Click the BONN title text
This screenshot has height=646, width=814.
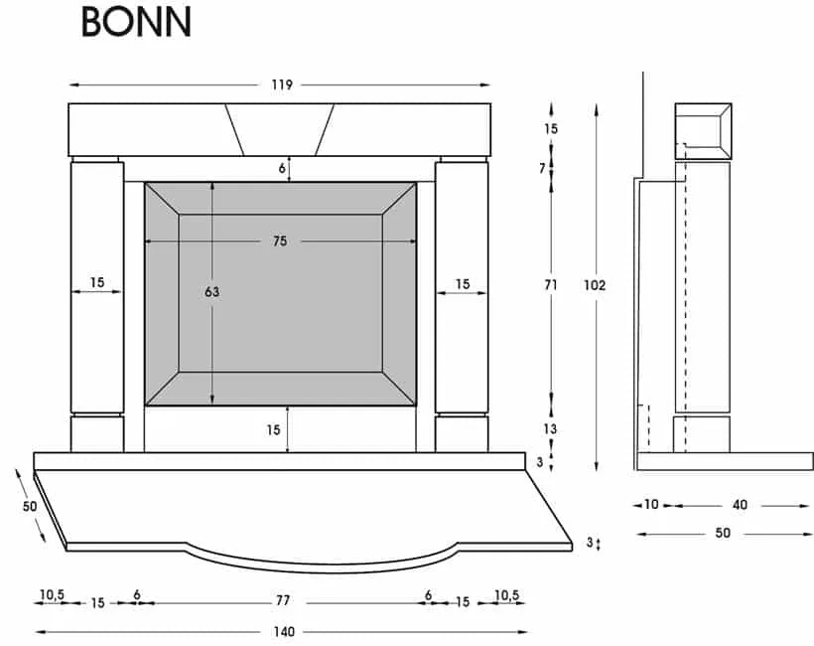pos(136,22)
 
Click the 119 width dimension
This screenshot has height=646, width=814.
pos(281,85)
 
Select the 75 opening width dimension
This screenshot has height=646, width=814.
pos(281,242)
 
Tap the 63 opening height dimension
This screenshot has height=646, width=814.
pos(212,292)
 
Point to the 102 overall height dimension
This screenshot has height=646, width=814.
pos(595,285)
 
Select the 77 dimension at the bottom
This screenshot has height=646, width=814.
pos(282,602)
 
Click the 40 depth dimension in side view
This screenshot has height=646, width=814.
pos(740,505)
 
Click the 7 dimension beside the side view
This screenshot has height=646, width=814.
pos(543,168)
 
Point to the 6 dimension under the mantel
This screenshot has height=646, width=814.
pos(283,169)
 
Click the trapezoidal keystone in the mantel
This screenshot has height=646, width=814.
pos(279,129)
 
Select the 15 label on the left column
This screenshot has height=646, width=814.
pos(97,284)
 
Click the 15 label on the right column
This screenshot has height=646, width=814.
pos(463,284)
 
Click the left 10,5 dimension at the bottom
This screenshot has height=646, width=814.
pos(52,595)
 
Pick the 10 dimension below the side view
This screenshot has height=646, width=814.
pos(651,505)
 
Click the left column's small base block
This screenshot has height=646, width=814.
pos(97,434)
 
